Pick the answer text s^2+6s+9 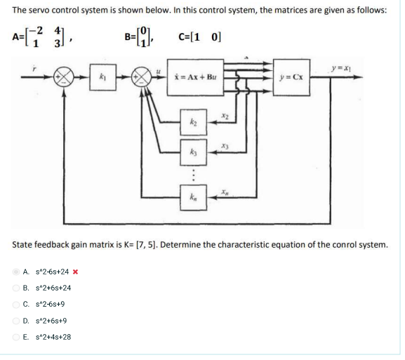[46, 321]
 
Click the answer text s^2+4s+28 [48, 337]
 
